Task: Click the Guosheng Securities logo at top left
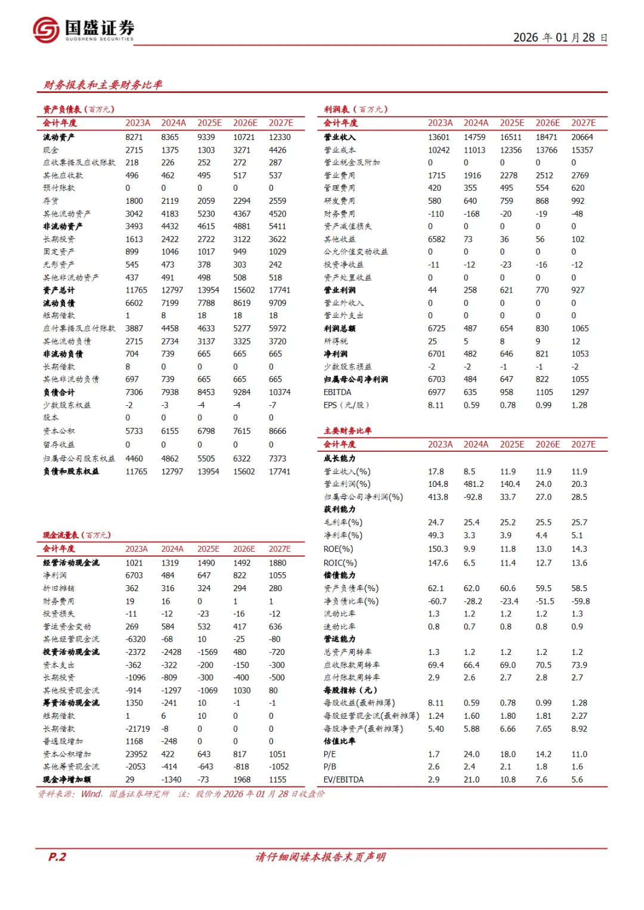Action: (x=83, y=29)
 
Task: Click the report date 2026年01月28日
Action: (x=560, y=38)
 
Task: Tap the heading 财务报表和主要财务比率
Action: (x=103, y=85)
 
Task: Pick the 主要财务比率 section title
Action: (x=348, y=431)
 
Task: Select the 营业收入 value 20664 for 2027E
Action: (x=582, y=137)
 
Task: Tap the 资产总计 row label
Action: (x=59, y=290)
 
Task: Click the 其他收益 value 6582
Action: (x=436, y=239)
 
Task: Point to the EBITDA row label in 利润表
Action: (x=338, y=392)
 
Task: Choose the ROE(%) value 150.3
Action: (x=438, y=549)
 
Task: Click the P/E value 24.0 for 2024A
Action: (x=472, y=754)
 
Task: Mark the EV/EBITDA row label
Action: (x=343, y=779)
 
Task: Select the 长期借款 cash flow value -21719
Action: (x=138, y=729)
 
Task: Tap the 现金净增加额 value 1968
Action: (x=242, y=779)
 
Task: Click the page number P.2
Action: (x=57, y=857)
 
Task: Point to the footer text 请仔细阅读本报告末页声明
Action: (x=321, y=857)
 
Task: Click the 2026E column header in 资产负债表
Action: (x=245, y=123)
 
